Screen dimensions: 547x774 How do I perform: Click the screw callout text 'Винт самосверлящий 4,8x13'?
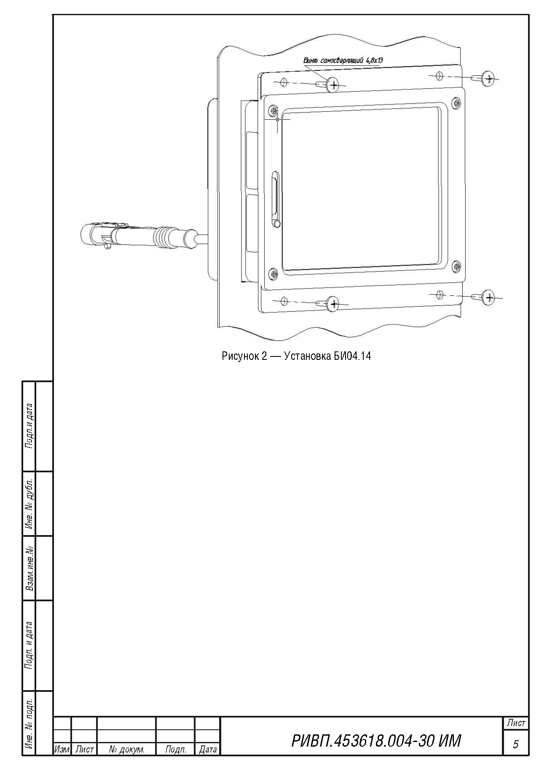coord(343,60)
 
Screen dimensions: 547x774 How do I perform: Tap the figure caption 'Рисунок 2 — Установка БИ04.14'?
coord(296,356)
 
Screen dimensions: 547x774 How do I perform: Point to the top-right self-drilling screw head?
coord(488,78)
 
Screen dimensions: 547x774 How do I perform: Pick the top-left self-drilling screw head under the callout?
coord(333,85)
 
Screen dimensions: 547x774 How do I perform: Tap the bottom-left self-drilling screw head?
coord(333,303)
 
